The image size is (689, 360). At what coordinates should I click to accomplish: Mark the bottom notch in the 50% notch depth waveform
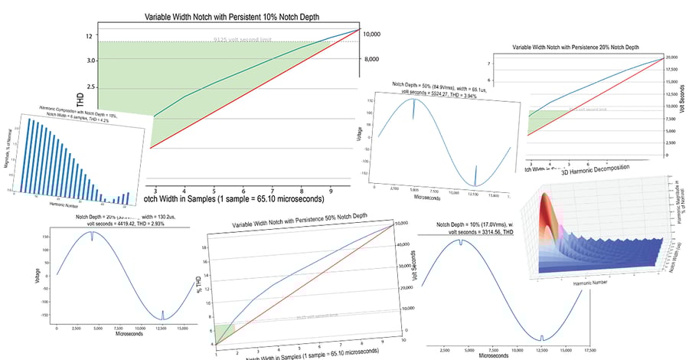click(x=476, y=180)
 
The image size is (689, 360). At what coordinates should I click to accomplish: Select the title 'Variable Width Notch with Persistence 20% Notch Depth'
click(x=574, y=47)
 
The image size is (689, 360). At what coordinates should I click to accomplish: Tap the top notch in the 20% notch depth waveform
click(x=91, y=237)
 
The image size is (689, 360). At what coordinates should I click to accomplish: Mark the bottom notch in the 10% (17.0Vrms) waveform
click(x=541, y=338)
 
